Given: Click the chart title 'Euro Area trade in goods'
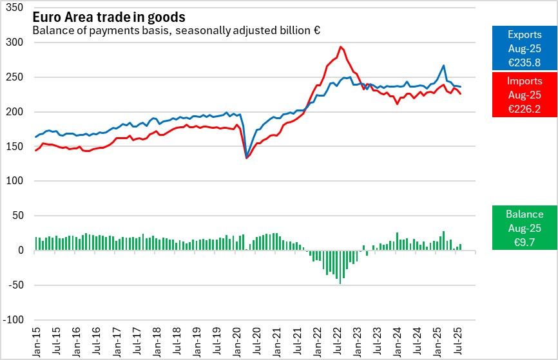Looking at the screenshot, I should [109, 17].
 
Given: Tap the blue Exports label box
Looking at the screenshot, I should [524, 48].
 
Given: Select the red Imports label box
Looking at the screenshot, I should [524, 95].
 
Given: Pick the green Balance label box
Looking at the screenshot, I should [524, 227].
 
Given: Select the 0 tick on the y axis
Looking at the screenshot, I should [21, 251].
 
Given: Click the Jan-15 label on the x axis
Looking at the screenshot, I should [37, 341].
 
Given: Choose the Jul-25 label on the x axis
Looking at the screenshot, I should [457, 341].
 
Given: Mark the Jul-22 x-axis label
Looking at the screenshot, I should [337, 341].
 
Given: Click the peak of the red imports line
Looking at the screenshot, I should [340, 47].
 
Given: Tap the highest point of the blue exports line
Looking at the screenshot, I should [443, 66].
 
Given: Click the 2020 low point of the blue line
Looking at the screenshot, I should [247, 156].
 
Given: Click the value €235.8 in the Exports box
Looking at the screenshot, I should [524, 62].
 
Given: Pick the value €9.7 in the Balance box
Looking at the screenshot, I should [524, 241].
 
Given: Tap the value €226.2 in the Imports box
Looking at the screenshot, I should [524, 109].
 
